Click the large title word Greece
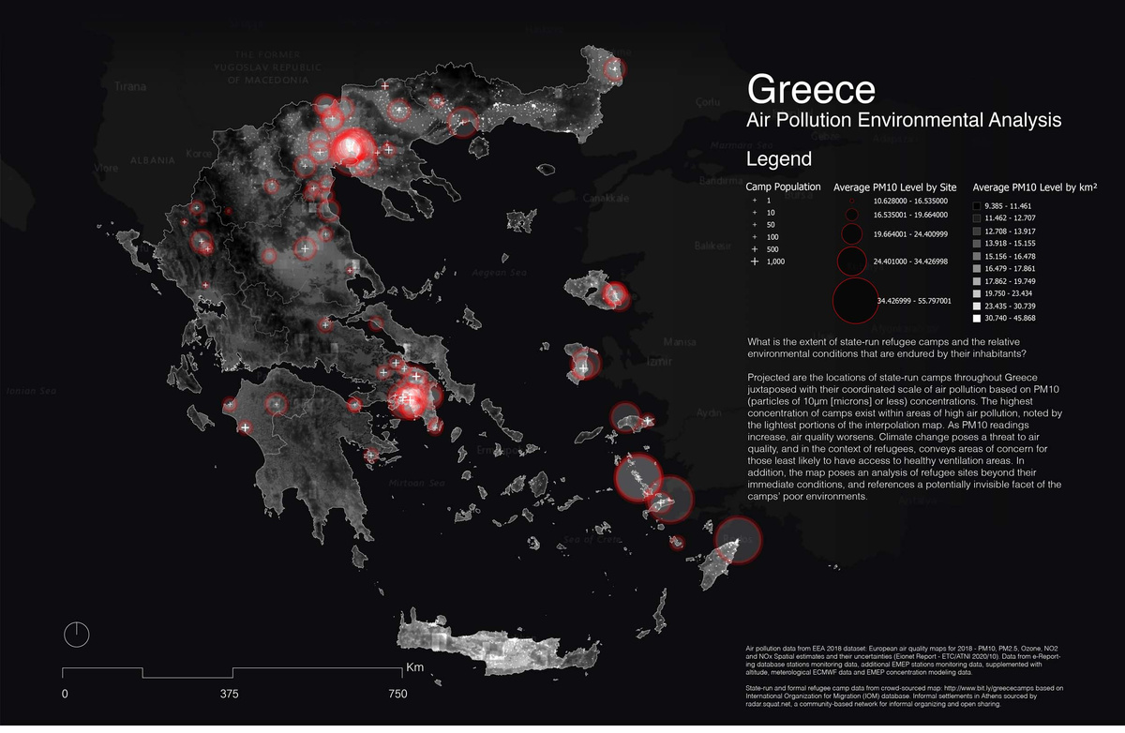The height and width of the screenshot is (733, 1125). [811, 90]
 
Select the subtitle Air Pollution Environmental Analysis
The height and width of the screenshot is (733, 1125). [904, 121]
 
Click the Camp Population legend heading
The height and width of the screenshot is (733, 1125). [783, 187]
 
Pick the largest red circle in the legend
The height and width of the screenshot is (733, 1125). [854, 301]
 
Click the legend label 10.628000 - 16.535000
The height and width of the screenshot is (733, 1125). [910, 201]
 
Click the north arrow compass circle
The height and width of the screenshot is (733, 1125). [77, 634]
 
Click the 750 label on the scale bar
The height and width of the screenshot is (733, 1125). [397, 695]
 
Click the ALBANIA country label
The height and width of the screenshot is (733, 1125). [153, 160]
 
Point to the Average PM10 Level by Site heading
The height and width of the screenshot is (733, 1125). [892, 187]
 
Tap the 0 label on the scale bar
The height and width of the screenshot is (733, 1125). [64, 695]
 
